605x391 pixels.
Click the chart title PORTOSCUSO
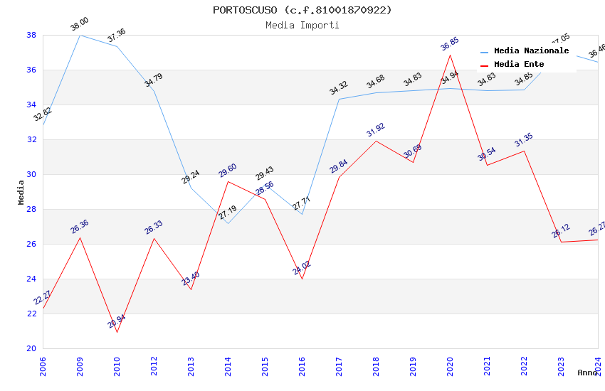(x=302, y=10)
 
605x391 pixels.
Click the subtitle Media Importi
(x=302, y=25)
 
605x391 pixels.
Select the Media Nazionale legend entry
(x=531, y=51)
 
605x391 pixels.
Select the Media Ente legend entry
(x=519, y=65)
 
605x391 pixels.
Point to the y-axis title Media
(x=21, y=192)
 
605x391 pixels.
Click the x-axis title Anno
(x=587, y=373)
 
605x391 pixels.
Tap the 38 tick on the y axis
(x=31, y=35)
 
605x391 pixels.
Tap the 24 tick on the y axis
(x=31, y=279)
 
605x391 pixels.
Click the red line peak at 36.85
(x=450, y=55)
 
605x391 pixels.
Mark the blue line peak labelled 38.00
(x=80, y=35)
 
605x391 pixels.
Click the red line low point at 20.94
(x=117, y=332)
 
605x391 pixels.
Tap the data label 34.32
(x=338, y=89)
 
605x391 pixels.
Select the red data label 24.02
(x=302, y=268)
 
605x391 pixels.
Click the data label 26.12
(x=561, y=232)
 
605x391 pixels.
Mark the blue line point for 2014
(x=228, y=223)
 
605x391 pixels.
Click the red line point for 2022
(x=524, y=151)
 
